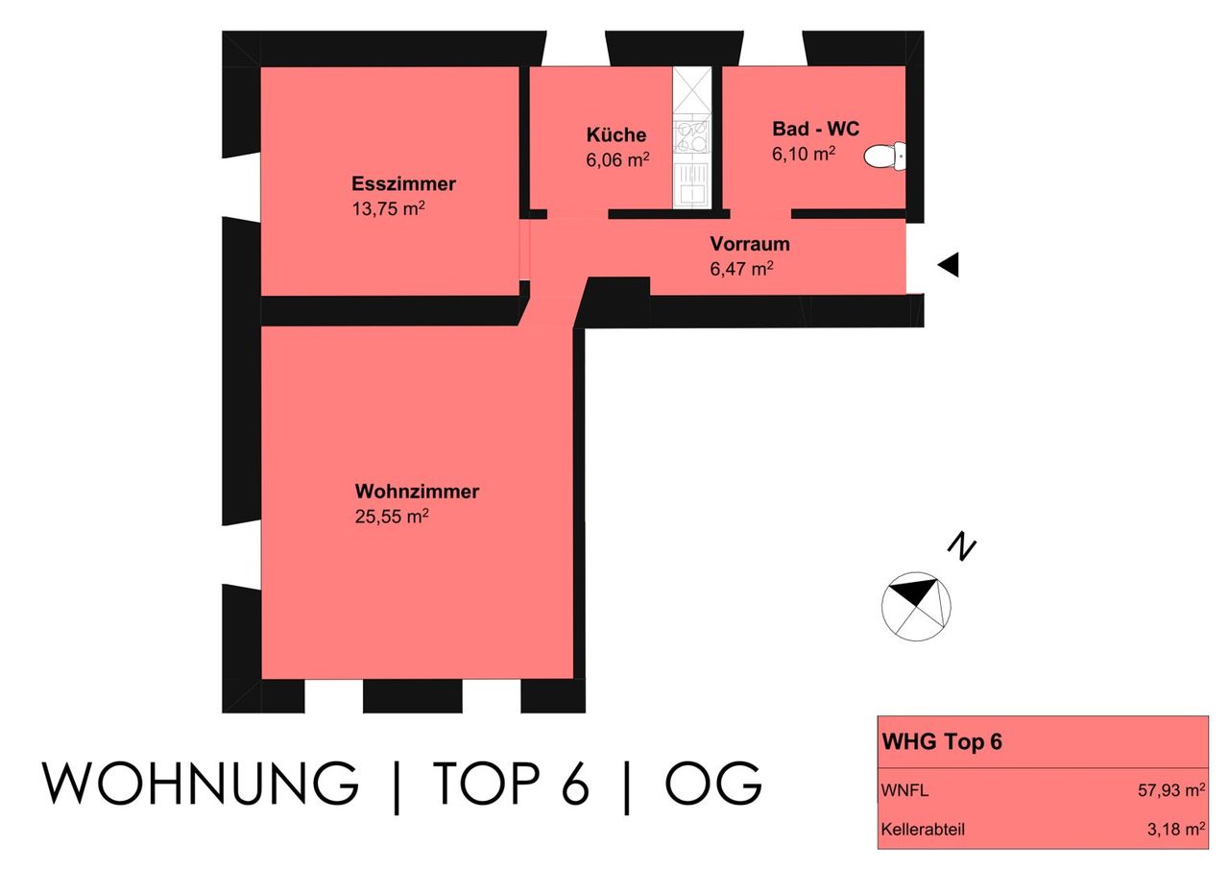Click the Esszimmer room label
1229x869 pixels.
point(403,183)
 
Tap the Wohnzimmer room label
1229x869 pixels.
point(417,491)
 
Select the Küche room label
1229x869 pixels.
point(616,134)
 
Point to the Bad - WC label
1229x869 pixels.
point(815,129)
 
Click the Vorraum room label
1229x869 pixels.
point(750,244)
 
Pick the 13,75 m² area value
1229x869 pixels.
point(389,208)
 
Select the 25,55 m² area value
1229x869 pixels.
point(392,517)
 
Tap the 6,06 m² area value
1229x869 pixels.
point(617,159)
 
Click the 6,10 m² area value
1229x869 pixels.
point(804,154)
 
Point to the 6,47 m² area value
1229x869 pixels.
point(742,269)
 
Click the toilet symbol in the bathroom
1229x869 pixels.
point(884,157)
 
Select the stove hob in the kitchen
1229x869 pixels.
point(691,136)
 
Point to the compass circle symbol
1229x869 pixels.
point(916,607)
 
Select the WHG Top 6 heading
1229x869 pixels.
point(942,741)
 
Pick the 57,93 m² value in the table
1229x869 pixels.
point(1171,790)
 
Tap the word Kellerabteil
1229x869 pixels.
point(923,829)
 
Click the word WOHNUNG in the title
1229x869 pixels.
point(201,783)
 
